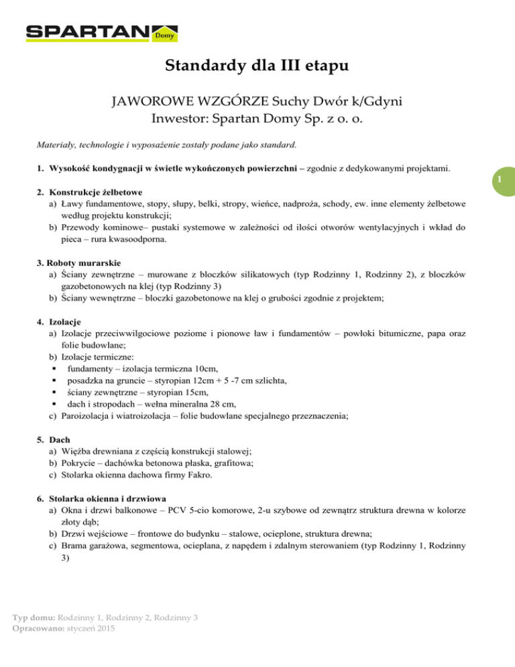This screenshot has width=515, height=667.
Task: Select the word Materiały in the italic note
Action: pyautogui.click(x=56, y=144)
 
